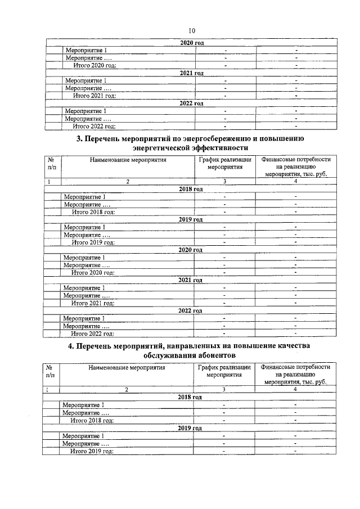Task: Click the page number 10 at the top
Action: pos(192,31)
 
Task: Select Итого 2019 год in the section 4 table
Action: pos(91,451)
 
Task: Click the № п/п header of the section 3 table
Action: pos(52,164)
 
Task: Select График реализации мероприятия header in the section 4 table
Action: pos(223,372)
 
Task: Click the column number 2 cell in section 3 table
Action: pos(127,181)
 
